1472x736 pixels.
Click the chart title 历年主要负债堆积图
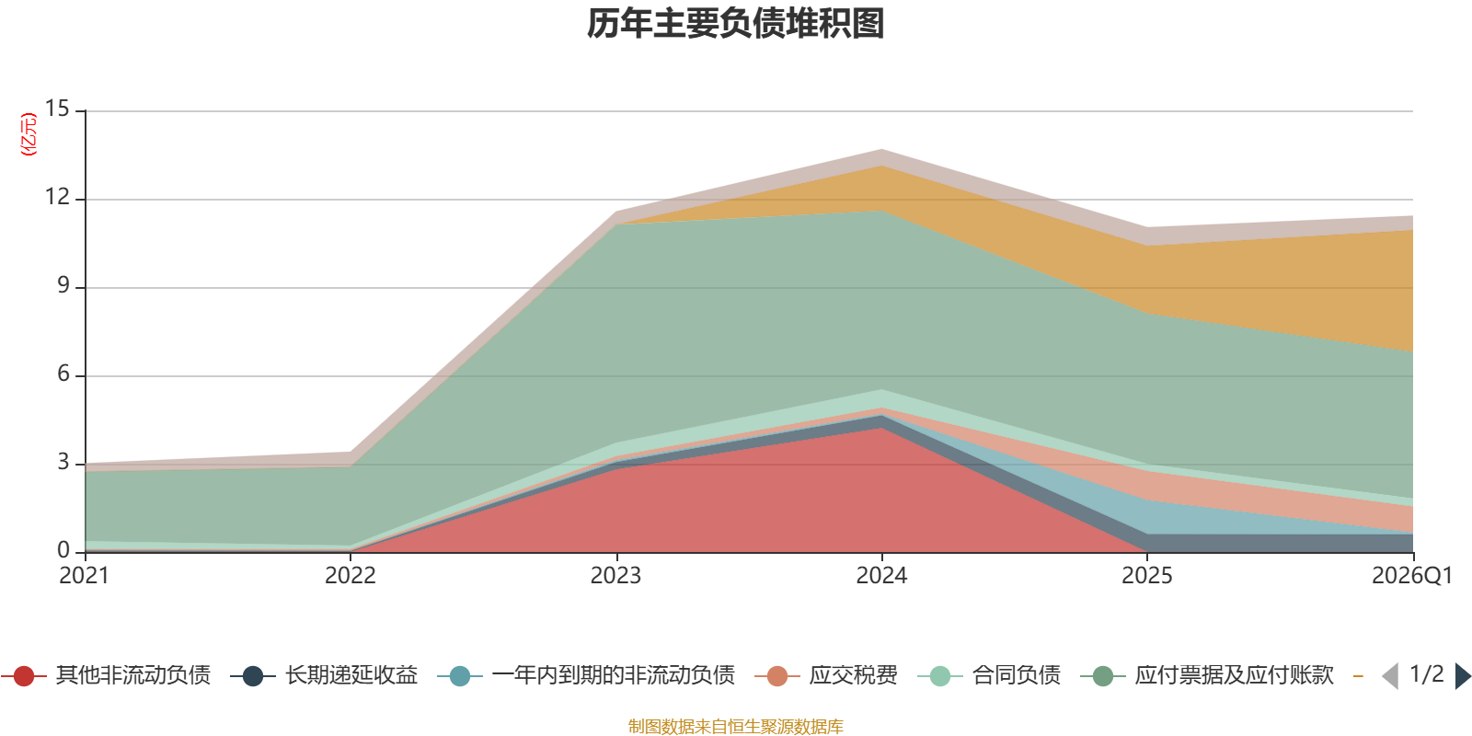click(735, 24)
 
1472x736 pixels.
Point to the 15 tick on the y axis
click(57, 109)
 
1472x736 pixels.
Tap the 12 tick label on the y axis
click(57, 197)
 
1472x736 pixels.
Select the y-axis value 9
click(63, 285)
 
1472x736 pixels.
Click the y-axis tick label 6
click(63, 374)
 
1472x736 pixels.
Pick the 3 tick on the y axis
click(63, 462)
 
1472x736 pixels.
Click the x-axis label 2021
click(84, 576)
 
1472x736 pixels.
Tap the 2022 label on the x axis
click(351, 576)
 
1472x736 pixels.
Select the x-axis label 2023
click(615, 576)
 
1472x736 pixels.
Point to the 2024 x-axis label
click(881, 576)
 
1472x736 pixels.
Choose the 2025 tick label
click(1146, 576)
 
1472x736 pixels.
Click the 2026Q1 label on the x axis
click(1412, 576)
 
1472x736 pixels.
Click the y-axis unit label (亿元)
click(29, 134)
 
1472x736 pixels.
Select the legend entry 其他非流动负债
click(107, 675)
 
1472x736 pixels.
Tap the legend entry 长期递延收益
click(325, 675)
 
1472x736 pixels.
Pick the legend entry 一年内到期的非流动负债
click(586, 675)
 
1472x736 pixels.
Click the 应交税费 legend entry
click(827, 675)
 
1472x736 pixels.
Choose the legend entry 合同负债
click(990, 675)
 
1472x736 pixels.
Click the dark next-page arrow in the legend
click(1462, 675)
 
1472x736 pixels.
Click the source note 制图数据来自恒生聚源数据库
click(735, 726)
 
